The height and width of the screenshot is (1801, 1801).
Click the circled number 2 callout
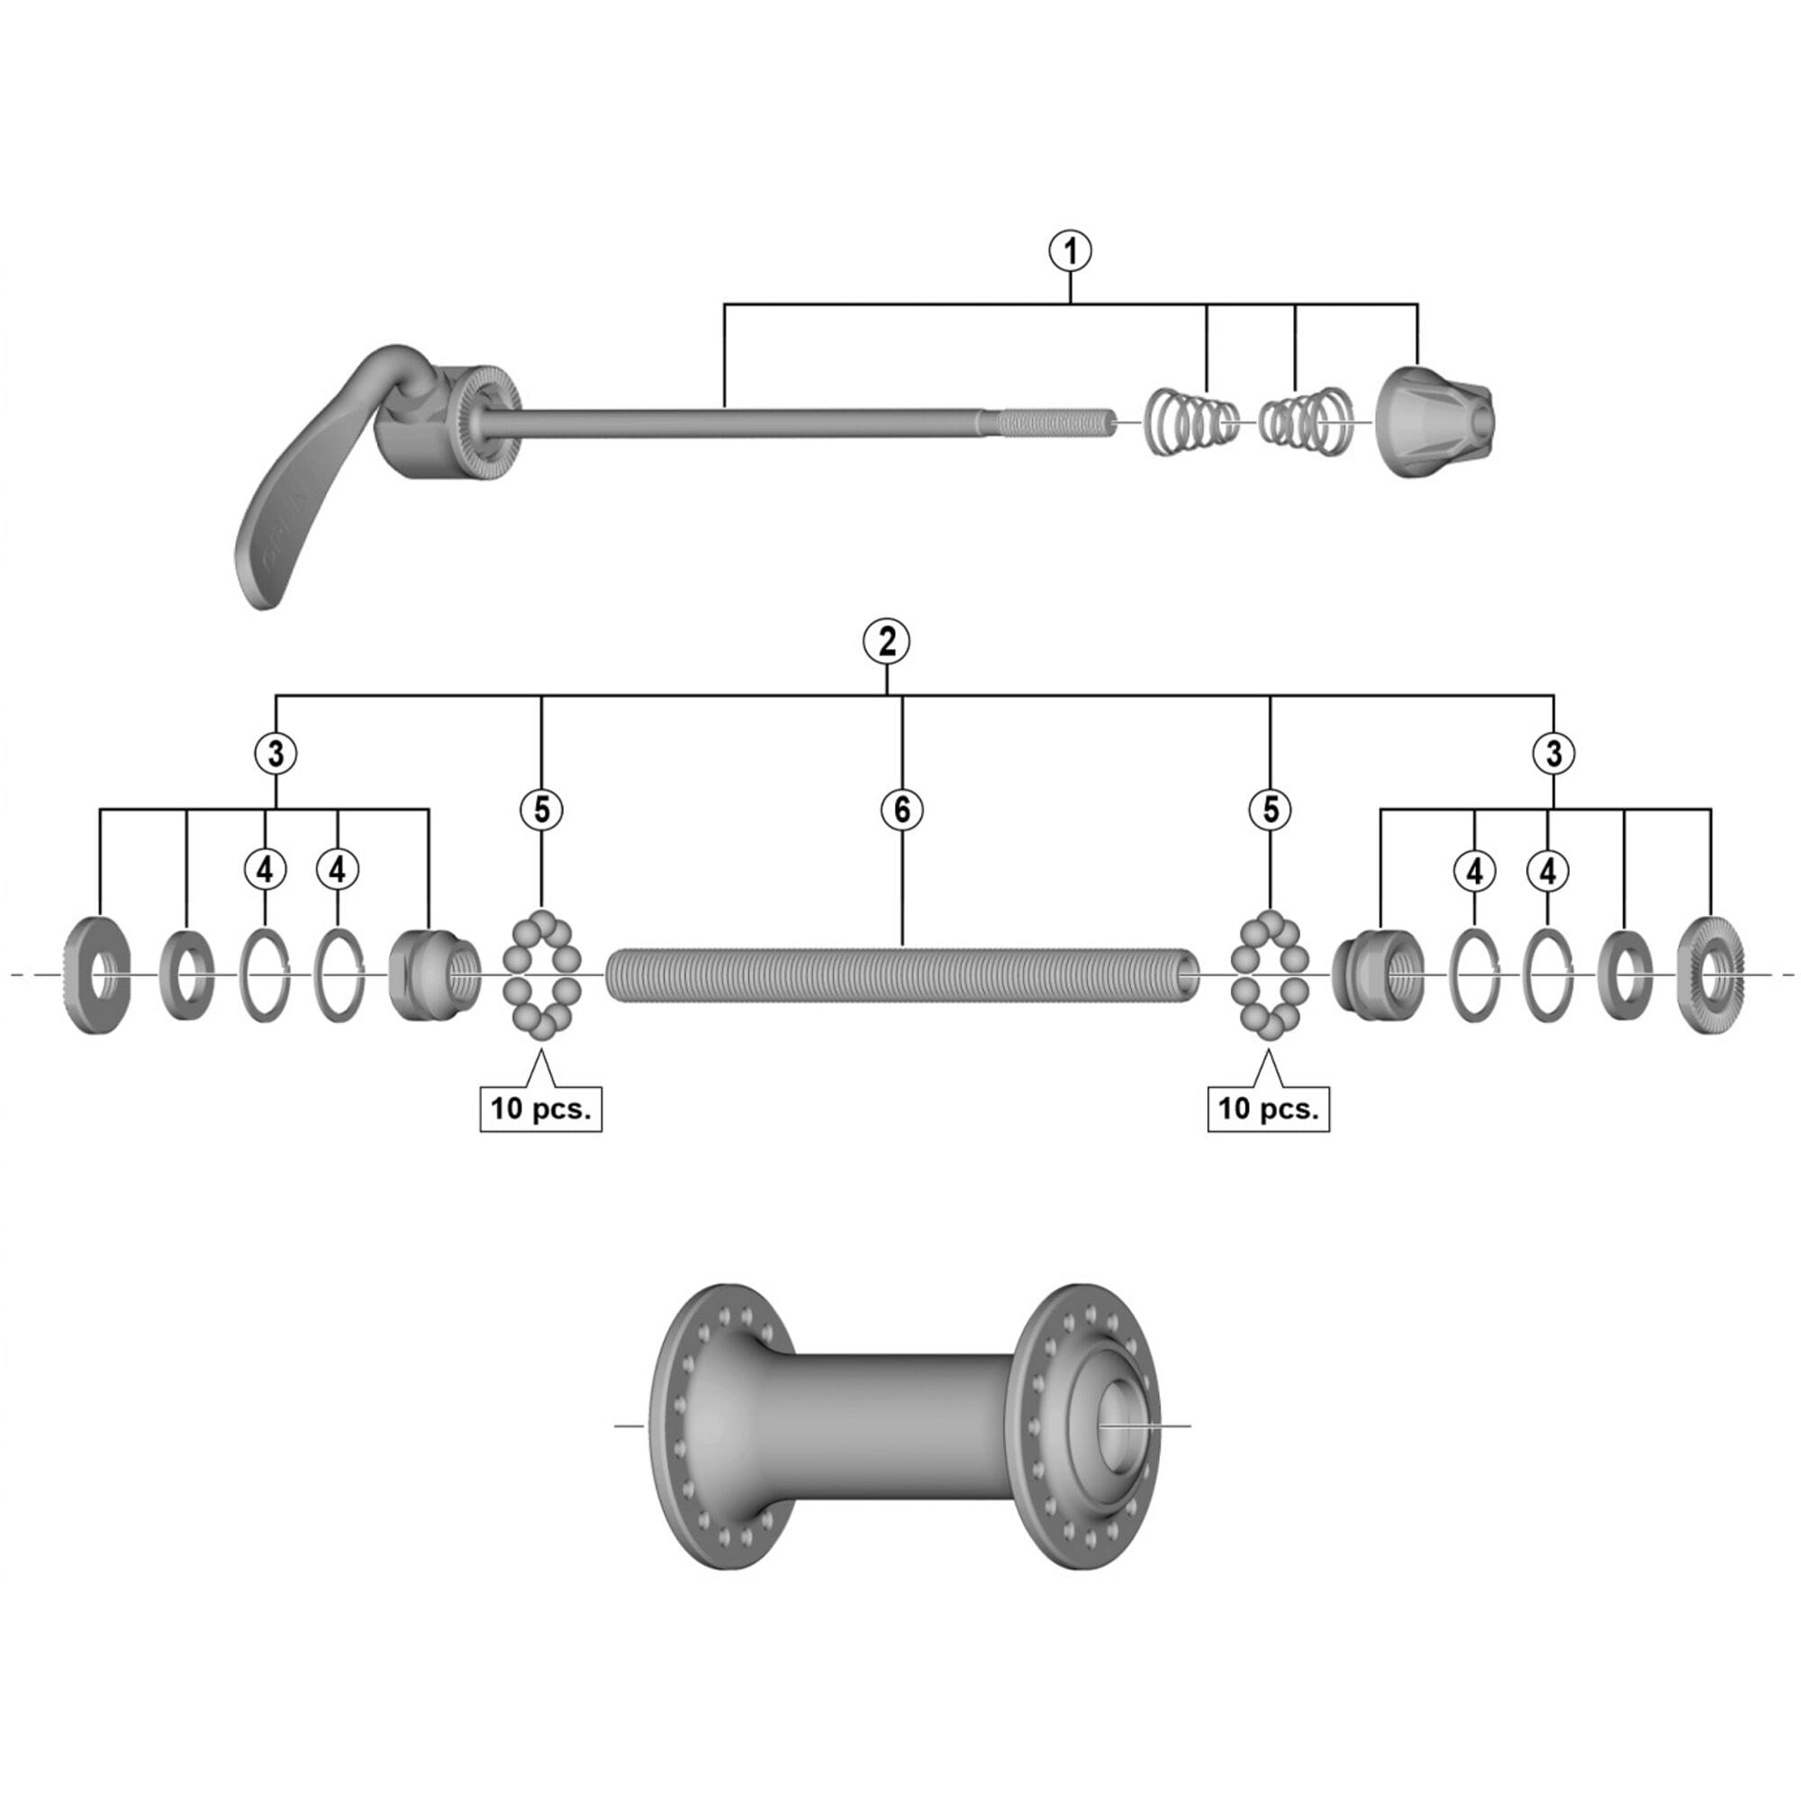885,642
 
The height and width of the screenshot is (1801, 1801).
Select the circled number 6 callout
901,810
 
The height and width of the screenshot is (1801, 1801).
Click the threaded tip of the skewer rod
1058,423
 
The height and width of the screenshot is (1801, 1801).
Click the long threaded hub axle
901,974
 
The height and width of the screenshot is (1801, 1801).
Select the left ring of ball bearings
541,974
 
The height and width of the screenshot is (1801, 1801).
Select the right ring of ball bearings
1270,974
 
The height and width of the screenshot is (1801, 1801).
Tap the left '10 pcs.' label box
540,1109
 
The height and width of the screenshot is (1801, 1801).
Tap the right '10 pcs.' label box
1268,1109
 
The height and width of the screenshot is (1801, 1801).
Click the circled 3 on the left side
275,753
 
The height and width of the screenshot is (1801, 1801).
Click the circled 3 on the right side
1553,753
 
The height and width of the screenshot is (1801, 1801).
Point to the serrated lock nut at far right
1710,975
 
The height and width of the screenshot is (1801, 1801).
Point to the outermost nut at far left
100,974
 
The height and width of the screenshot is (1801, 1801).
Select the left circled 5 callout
541,810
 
